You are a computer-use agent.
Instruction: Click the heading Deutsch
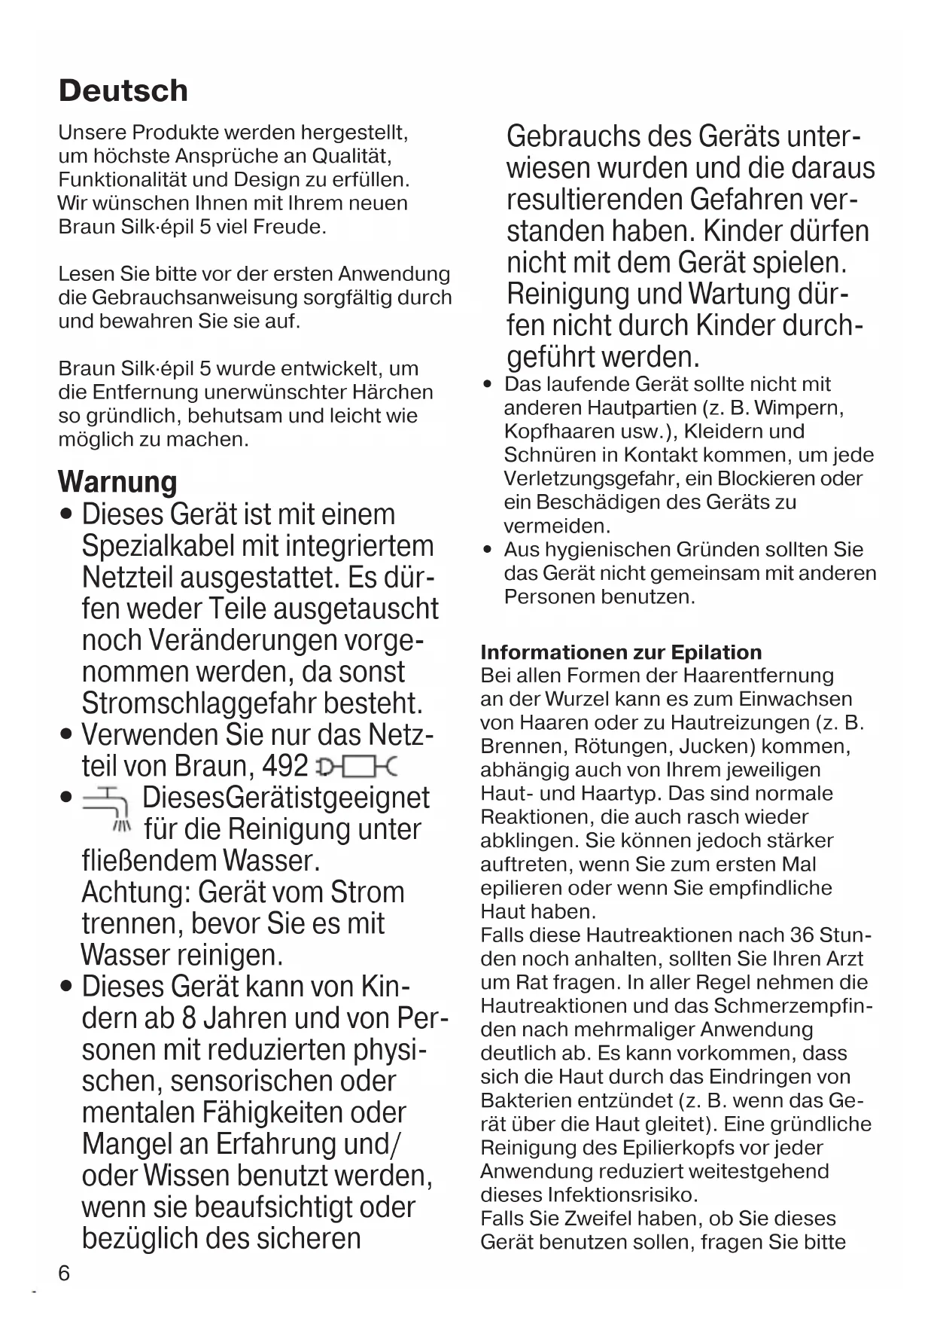click(x=123, y=90)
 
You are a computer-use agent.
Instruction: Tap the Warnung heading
click(x=117, y=482)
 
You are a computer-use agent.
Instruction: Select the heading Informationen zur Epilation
click(x=621, y=652)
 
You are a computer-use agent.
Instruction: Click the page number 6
click(x=64, y=1273)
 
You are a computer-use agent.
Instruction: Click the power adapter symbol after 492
click(x=357, y=768)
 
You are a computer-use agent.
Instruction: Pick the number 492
click(x=285, y=766)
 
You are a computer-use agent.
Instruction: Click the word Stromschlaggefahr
click(x=199, y=703)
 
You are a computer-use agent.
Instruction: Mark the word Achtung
click(x=135, y=892)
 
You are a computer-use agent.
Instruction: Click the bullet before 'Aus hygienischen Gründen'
click(x=488, y=550)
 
